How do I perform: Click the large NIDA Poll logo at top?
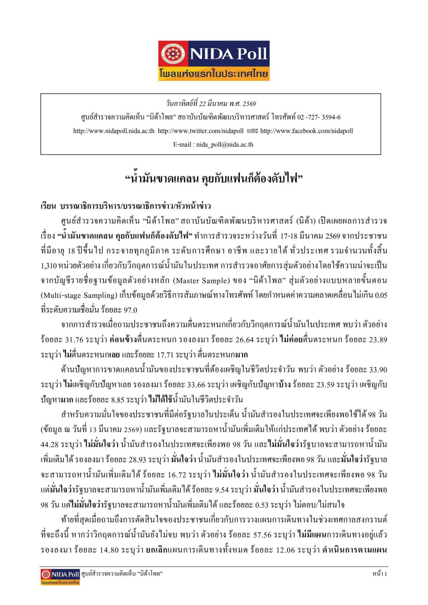click(x=214, y=60)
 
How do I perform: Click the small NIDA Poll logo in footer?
click(x=60, y=577)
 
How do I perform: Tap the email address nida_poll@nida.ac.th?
click(x=224, y=145)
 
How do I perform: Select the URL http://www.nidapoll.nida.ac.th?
click(x=114, y=131)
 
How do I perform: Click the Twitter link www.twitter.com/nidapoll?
click(x=201, y=131)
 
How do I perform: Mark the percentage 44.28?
click(x=50, y=445)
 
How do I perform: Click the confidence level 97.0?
click(x=130, y=310)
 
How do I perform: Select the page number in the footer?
click(x=380, y=574)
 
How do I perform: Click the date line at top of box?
click(x=211, y=104)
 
